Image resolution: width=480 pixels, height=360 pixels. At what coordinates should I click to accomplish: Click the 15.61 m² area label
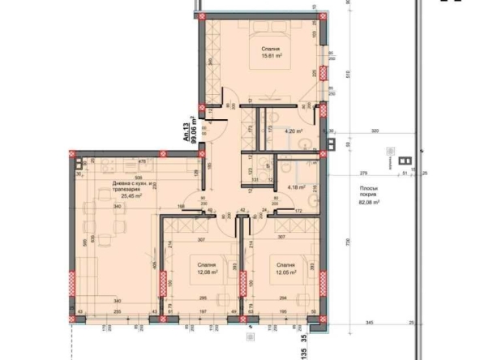click(271, 57)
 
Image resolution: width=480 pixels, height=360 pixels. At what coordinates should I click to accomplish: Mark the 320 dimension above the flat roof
click(375, 131)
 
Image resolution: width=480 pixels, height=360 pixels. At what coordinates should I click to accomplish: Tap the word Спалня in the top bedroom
click(271, 49)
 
